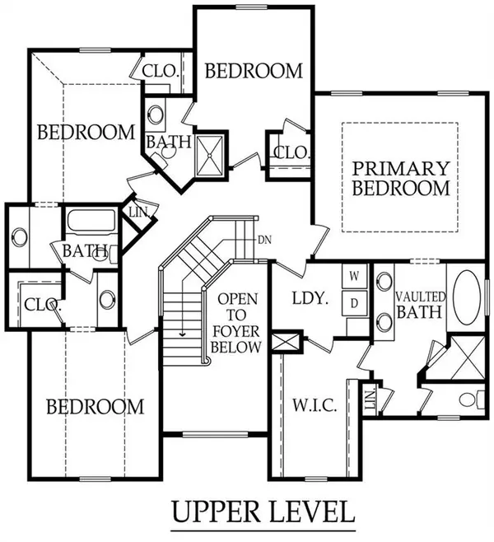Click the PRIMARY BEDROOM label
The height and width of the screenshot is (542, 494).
click(401, 179)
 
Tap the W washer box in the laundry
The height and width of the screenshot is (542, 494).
click(354, 276)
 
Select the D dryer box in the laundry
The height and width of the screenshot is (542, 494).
click(354, 303)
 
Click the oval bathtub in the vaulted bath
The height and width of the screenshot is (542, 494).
click(466, 297)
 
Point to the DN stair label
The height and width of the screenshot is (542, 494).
click(264, 240)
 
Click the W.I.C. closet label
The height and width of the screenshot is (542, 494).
click(315, 405)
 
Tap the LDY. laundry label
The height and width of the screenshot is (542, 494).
click(310, 298)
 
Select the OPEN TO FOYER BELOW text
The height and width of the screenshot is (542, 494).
click(236, 323)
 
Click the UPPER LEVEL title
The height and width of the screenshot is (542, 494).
click(263, 512)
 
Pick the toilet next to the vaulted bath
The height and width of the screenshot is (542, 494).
click(472, 399)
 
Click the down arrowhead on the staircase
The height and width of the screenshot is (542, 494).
click(182, 334)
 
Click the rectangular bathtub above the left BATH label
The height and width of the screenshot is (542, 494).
click(91, 221)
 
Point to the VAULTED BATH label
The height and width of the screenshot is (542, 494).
click(420, 305)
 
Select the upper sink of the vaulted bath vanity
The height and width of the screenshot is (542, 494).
click(384, 281)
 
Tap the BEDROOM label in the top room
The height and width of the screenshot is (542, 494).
click(254, 71)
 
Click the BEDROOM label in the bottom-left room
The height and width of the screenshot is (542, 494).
click(95, 407)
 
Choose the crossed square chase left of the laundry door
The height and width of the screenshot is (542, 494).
click(286, 342)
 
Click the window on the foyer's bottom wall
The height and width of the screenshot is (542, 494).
click(215, 434)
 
